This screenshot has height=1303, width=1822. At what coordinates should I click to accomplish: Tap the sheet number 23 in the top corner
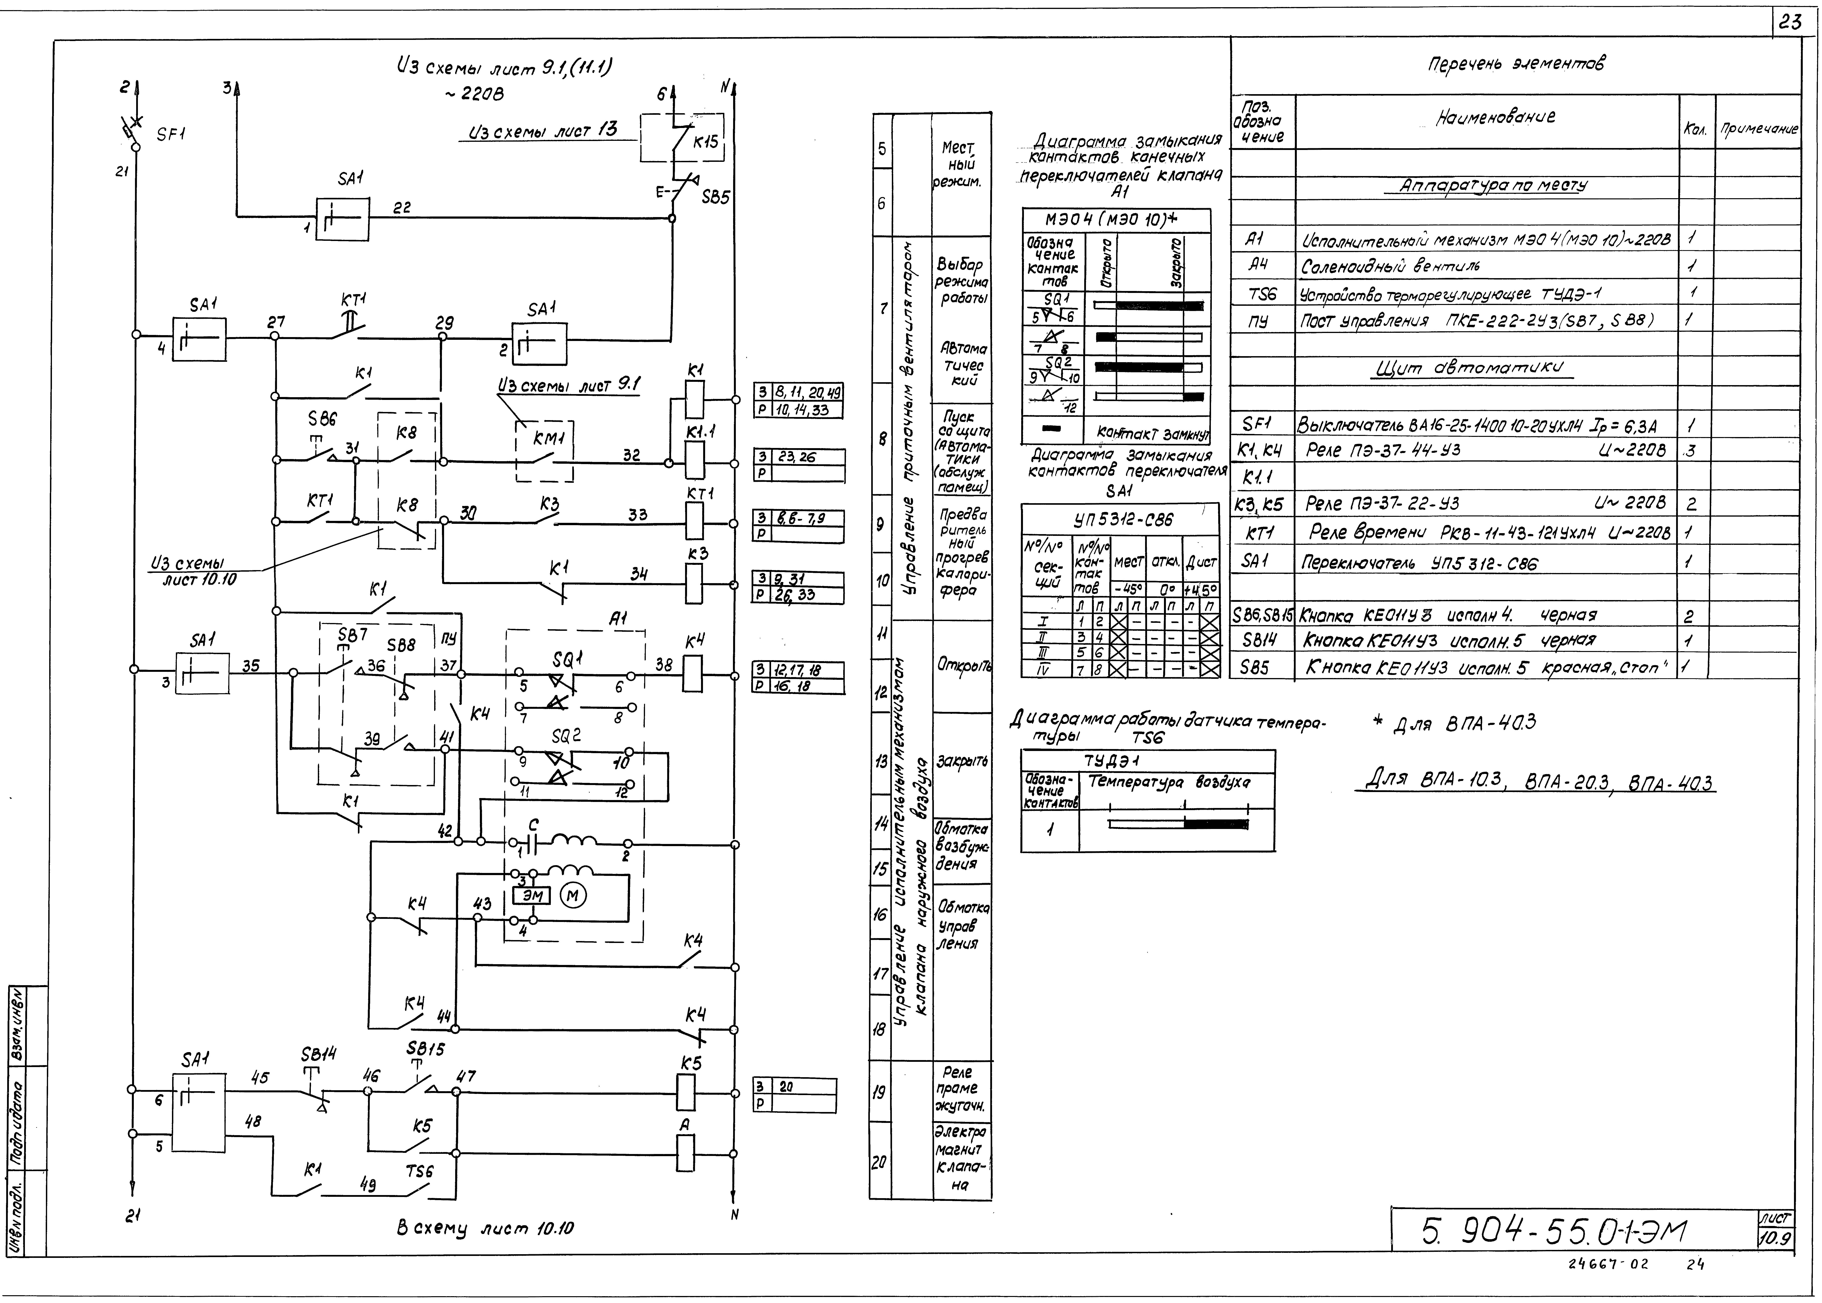coord(1789,23)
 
